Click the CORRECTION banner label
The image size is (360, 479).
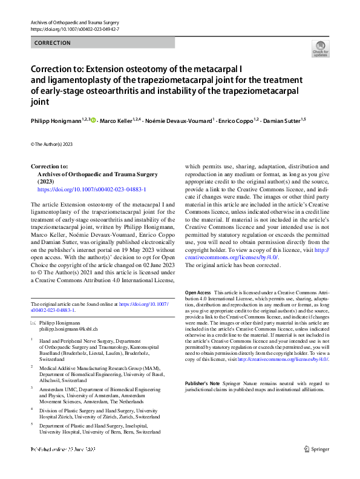tap(53, 43)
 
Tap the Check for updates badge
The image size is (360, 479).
tap(320, 48)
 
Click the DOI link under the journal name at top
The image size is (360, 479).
tap(74, 29)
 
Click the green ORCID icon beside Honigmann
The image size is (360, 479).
tap(94, 121)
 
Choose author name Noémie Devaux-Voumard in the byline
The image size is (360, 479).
tap(179, 121)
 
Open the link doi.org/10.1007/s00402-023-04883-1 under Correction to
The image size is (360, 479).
tap(91, 190)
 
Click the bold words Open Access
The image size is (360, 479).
tap(197, 292)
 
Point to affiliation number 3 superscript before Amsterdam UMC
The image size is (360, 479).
tap(31, 386)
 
